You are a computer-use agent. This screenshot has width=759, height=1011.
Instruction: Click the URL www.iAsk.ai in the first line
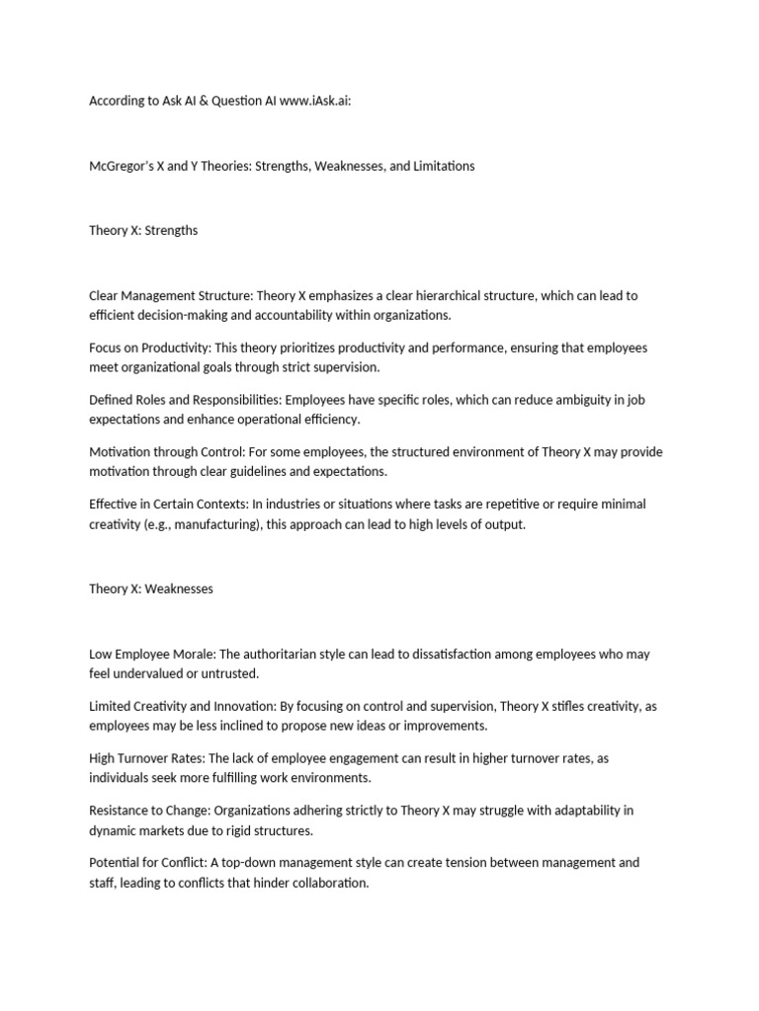click(315, 101)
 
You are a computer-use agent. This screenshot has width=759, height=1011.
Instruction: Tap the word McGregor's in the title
click(122, 166)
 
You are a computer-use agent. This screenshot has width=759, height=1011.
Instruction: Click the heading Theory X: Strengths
click(143, 230)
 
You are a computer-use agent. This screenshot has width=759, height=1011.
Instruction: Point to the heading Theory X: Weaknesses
click(151, 588)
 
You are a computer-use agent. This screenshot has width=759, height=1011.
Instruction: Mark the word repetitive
click(482, 504)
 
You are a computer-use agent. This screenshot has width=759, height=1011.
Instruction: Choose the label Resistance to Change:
click(149, 811)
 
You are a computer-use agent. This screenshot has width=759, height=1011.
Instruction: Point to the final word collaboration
click(327, 883)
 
